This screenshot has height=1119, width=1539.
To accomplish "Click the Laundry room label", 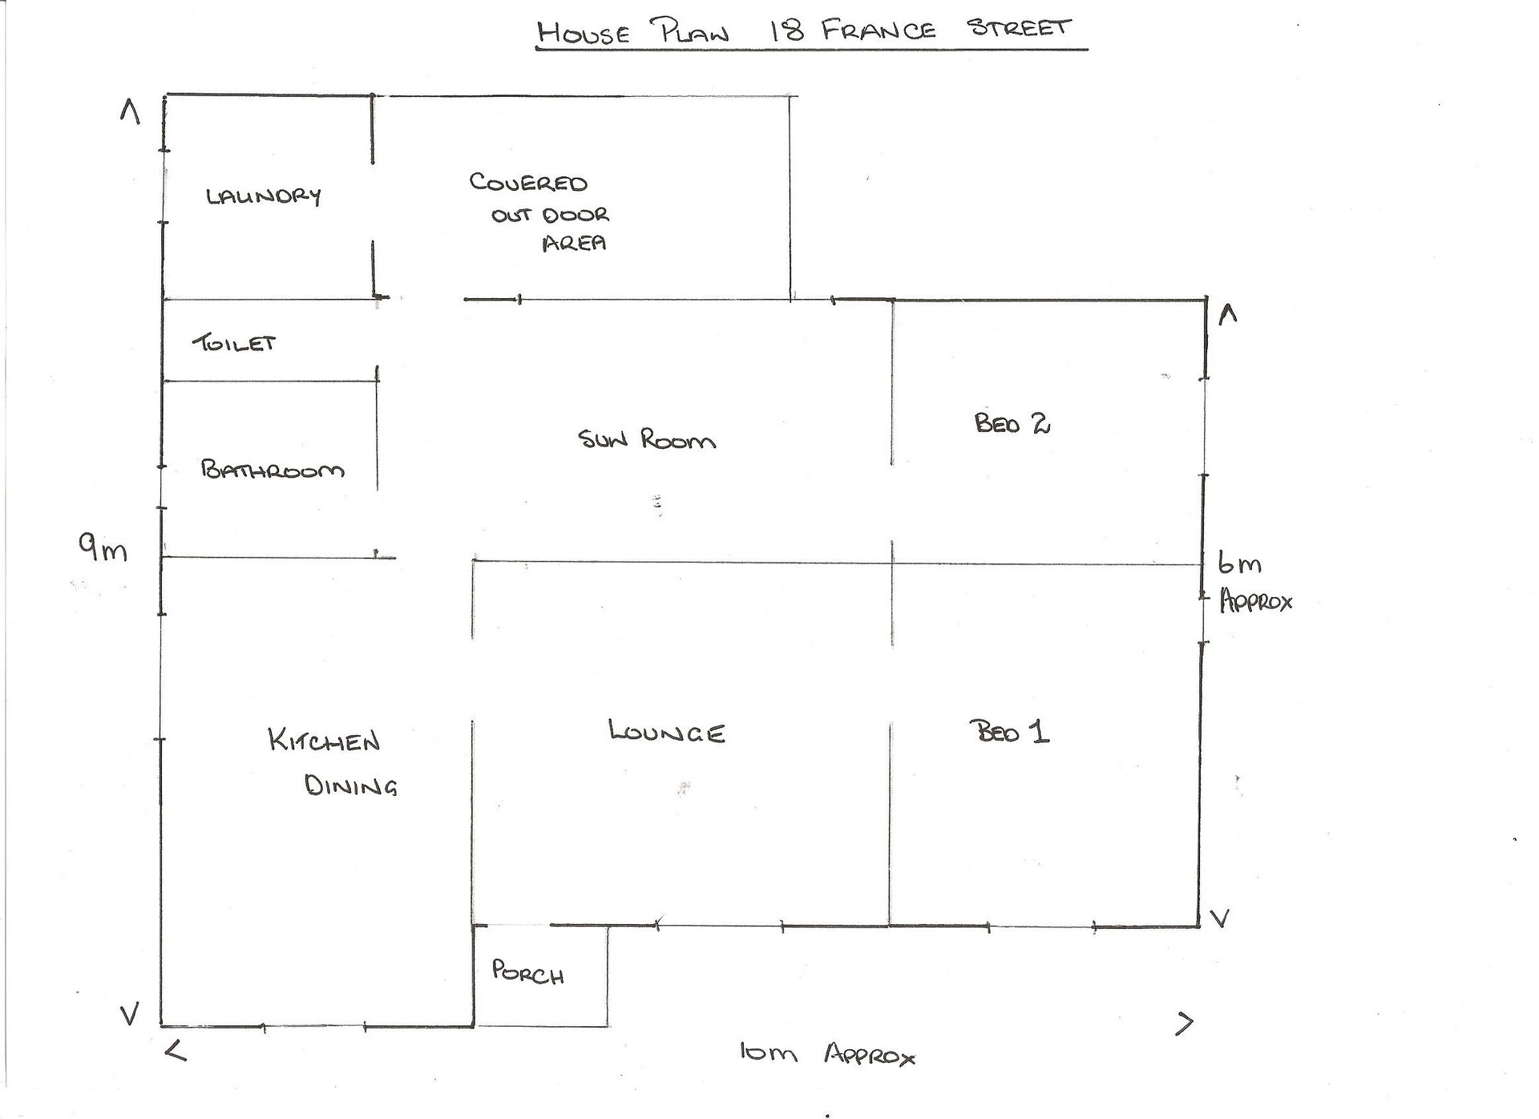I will click(x=263, y=196).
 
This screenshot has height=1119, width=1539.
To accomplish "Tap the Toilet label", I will click(x=234, y=343).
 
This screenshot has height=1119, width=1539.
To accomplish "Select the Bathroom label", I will click(x=273, y=469).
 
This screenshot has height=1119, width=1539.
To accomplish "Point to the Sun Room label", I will click(x=647, y=439).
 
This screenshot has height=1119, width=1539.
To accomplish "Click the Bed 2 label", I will click(x=1012, y=422).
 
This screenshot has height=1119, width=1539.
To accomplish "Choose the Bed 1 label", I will click(x=1009, y=731).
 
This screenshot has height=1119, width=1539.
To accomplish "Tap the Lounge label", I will click(x=667, y=732).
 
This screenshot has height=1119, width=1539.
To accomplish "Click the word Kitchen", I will click(x=324, y=740).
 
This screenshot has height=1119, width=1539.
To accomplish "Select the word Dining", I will click(x=351, y=786).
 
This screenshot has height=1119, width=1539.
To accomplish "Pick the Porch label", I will click(x=527, y=972).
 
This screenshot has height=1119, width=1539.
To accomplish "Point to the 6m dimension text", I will click(x=1239, y=564).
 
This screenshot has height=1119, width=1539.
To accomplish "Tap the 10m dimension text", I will click(x=768, y=1052).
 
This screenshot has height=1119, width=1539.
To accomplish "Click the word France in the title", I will click(x=879, y=31).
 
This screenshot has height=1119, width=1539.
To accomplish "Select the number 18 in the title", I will click(x=787, y=31).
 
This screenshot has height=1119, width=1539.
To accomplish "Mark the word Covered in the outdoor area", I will click(x=528, y=183).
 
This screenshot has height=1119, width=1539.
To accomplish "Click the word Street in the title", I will click(x=1019, y=28).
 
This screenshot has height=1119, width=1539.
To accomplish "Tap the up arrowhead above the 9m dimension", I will click(x=130, y=111).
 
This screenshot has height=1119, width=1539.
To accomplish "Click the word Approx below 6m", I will click(x=1255, y=601).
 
